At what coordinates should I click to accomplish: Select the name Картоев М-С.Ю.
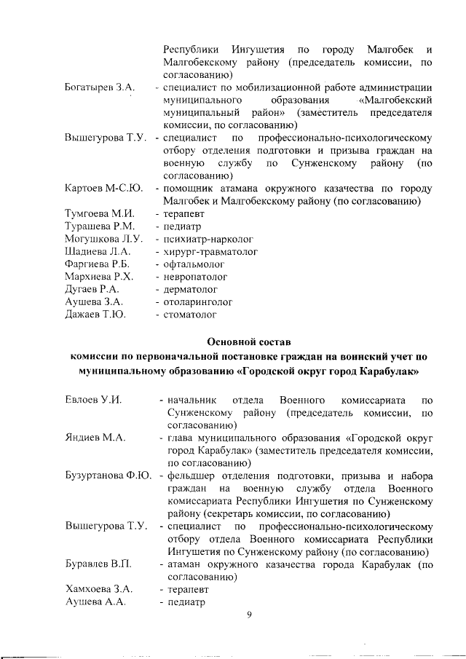103,189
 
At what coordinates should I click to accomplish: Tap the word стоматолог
190,315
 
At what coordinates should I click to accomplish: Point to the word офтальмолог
194,264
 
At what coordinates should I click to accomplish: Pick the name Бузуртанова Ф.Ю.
108,476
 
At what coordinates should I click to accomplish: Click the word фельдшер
191,476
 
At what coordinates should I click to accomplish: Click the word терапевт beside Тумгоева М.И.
186,214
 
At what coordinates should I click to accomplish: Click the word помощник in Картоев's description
191,189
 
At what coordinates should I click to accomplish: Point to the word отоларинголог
198,301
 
